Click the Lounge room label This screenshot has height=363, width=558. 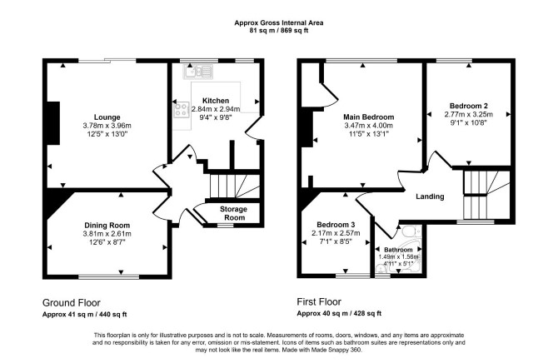[x=107, y=117]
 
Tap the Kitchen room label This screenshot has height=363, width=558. [x=216, y=101]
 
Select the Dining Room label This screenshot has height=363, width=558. [x=107, y=226]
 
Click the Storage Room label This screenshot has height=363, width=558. [x=233, y=213]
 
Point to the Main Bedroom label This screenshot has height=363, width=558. [x=369, y=117]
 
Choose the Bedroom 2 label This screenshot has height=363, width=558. [x=469, y=106]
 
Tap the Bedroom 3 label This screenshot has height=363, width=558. [x=336, y=225]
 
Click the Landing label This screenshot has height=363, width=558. [x=430, y=196]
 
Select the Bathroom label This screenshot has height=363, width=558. [x=398, y=250]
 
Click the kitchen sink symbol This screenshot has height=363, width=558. [x=198, y=72]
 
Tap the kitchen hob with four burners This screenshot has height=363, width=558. [x=181, y=109]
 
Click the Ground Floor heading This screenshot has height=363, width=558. [x=71, y=303]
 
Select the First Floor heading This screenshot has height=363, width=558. [x=319, y=302]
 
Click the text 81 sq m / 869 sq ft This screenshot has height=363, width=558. [x=279, y=31]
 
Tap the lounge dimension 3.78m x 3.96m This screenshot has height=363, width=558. [x=107, y=126]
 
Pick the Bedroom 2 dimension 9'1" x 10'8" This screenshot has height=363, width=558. [x=469, y=122]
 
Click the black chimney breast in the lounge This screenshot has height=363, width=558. [x=53, y=123]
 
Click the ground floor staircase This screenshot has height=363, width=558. [x=235, y=186]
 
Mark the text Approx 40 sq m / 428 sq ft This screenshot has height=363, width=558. [x=339, y=314]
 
